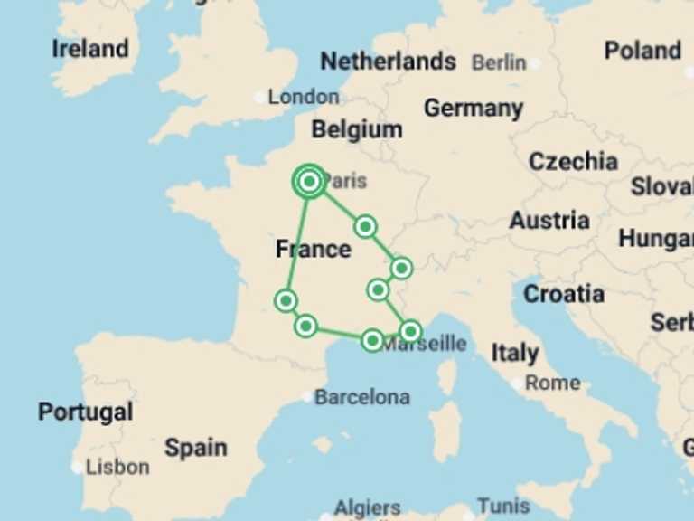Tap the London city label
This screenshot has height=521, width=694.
(304, 97)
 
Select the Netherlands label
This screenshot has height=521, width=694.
(388, 62)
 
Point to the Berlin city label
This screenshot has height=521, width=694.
(499, 62)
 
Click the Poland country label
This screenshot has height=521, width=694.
(642, 51)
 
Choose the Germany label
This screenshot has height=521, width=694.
(474, 109)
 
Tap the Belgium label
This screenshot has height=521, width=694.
(357, 129)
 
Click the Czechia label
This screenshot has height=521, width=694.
(573, 162)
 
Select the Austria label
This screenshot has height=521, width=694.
(549, 221)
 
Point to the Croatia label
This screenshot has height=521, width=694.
(564, 294)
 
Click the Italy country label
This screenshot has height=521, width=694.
(515, 353)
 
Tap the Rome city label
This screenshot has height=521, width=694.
(552, 383)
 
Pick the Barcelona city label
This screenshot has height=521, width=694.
(361, 397)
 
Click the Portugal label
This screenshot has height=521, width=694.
(85, 412)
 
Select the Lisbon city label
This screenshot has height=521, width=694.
(117, 467)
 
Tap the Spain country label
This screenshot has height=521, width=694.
(195, 447)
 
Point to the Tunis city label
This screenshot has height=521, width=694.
(503, 506)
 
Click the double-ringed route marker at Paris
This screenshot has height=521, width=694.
(309, 182)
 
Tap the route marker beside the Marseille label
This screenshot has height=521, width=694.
(410, 331)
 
